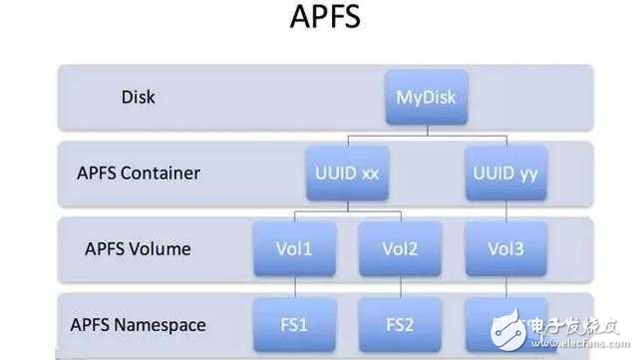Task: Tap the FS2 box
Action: pos(397,324)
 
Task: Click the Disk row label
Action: pos(139,98)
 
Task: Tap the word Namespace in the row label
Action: pos(170,324)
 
